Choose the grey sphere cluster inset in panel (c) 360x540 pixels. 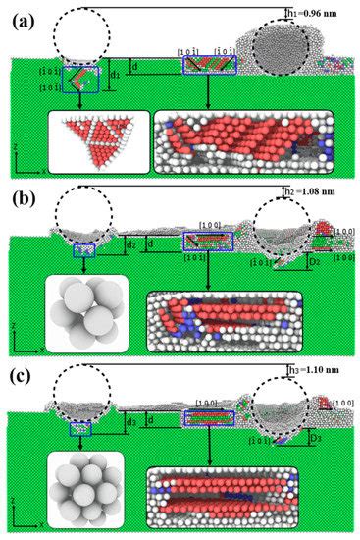[92, 489]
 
